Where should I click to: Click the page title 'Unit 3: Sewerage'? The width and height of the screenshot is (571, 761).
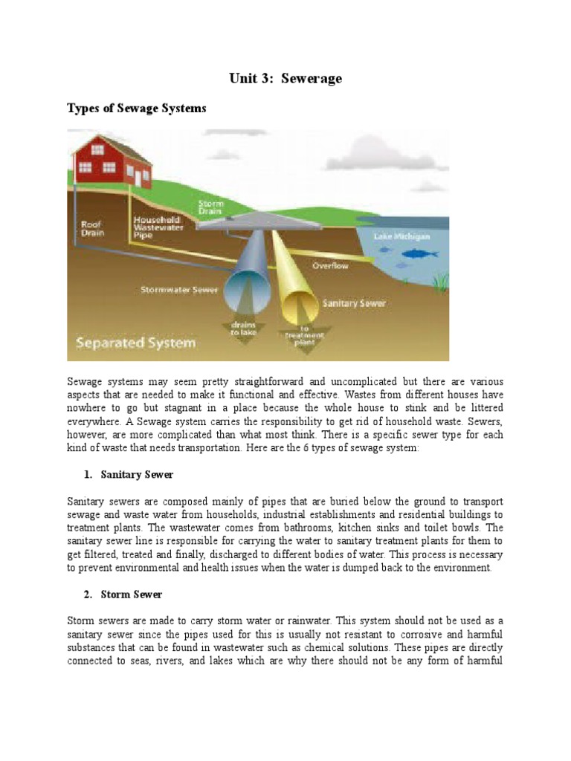coord(285,78)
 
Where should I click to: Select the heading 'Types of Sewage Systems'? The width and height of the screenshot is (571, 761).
coord(137,109)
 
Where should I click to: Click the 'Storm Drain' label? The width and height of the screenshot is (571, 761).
coord(211,207)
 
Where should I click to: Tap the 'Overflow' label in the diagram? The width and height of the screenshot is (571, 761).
coord(329,265)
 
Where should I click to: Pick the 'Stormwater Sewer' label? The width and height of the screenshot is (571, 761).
coord(179,290)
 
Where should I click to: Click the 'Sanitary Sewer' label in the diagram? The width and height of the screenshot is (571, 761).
coord(353,303)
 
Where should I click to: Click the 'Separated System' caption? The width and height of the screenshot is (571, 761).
coord(136,343)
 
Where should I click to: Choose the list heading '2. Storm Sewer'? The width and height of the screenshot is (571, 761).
coord(123,595)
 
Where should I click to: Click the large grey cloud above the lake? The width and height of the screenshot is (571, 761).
coord(387,156)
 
